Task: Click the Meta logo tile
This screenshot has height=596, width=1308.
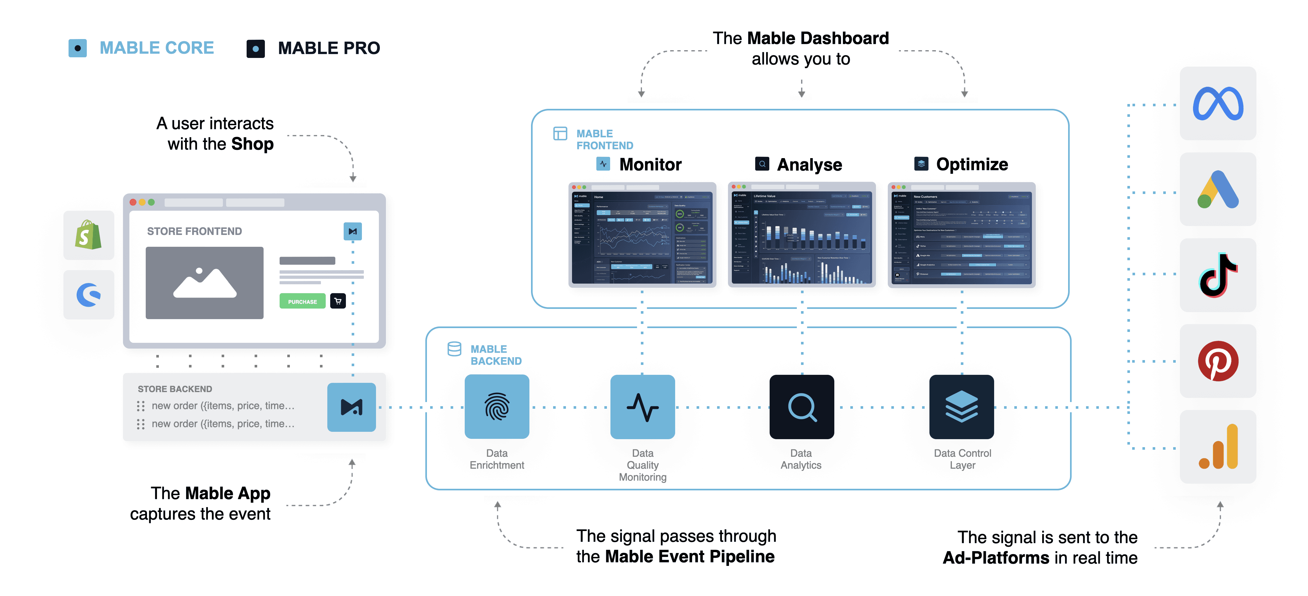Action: click(x=1218, y=104)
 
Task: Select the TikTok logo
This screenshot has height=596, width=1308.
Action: click(x=1218, y=275)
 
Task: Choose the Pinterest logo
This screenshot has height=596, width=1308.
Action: click(x=1218, y=361)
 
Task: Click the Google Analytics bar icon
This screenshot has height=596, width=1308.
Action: click(x=1218, y=447)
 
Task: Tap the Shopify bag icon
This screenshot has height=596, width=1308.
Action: click(x=88, y=235)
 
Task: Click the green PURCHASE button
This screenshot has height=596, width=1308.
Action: click(x=302, y=301)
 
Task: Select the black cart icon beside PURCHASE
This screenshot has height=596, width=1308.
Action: click(x=338, y=301)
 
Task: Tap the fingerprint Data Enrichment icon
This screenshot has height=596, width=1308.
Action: click(x=497, y=407)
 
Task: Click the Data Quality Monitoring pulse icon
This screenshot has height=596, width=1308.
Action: click(x=642, y=407)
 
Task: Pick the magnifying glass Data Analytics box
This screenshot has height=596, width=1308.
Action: click(x=801, y=407)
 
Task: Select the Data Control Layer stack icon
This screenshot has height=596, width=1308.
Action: click(x=961, y=407)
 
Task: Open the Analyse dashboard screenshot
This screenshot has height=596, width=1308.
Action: click(x=801, y=235)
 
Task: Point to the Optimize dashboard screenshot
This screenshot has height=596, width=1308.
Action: click(x=961, y=235)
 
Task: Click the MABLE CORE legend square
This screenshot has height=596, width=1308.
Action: click(x=77, y=48)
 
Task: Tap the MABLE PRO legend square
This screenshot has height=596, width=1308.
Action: click(x=255, y=49)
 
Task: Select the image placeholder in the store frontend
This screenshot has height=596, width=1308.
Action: click(x=205, y=283)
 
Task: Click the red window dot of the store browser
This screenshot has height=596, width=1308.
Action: click(x=133, y=202)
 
